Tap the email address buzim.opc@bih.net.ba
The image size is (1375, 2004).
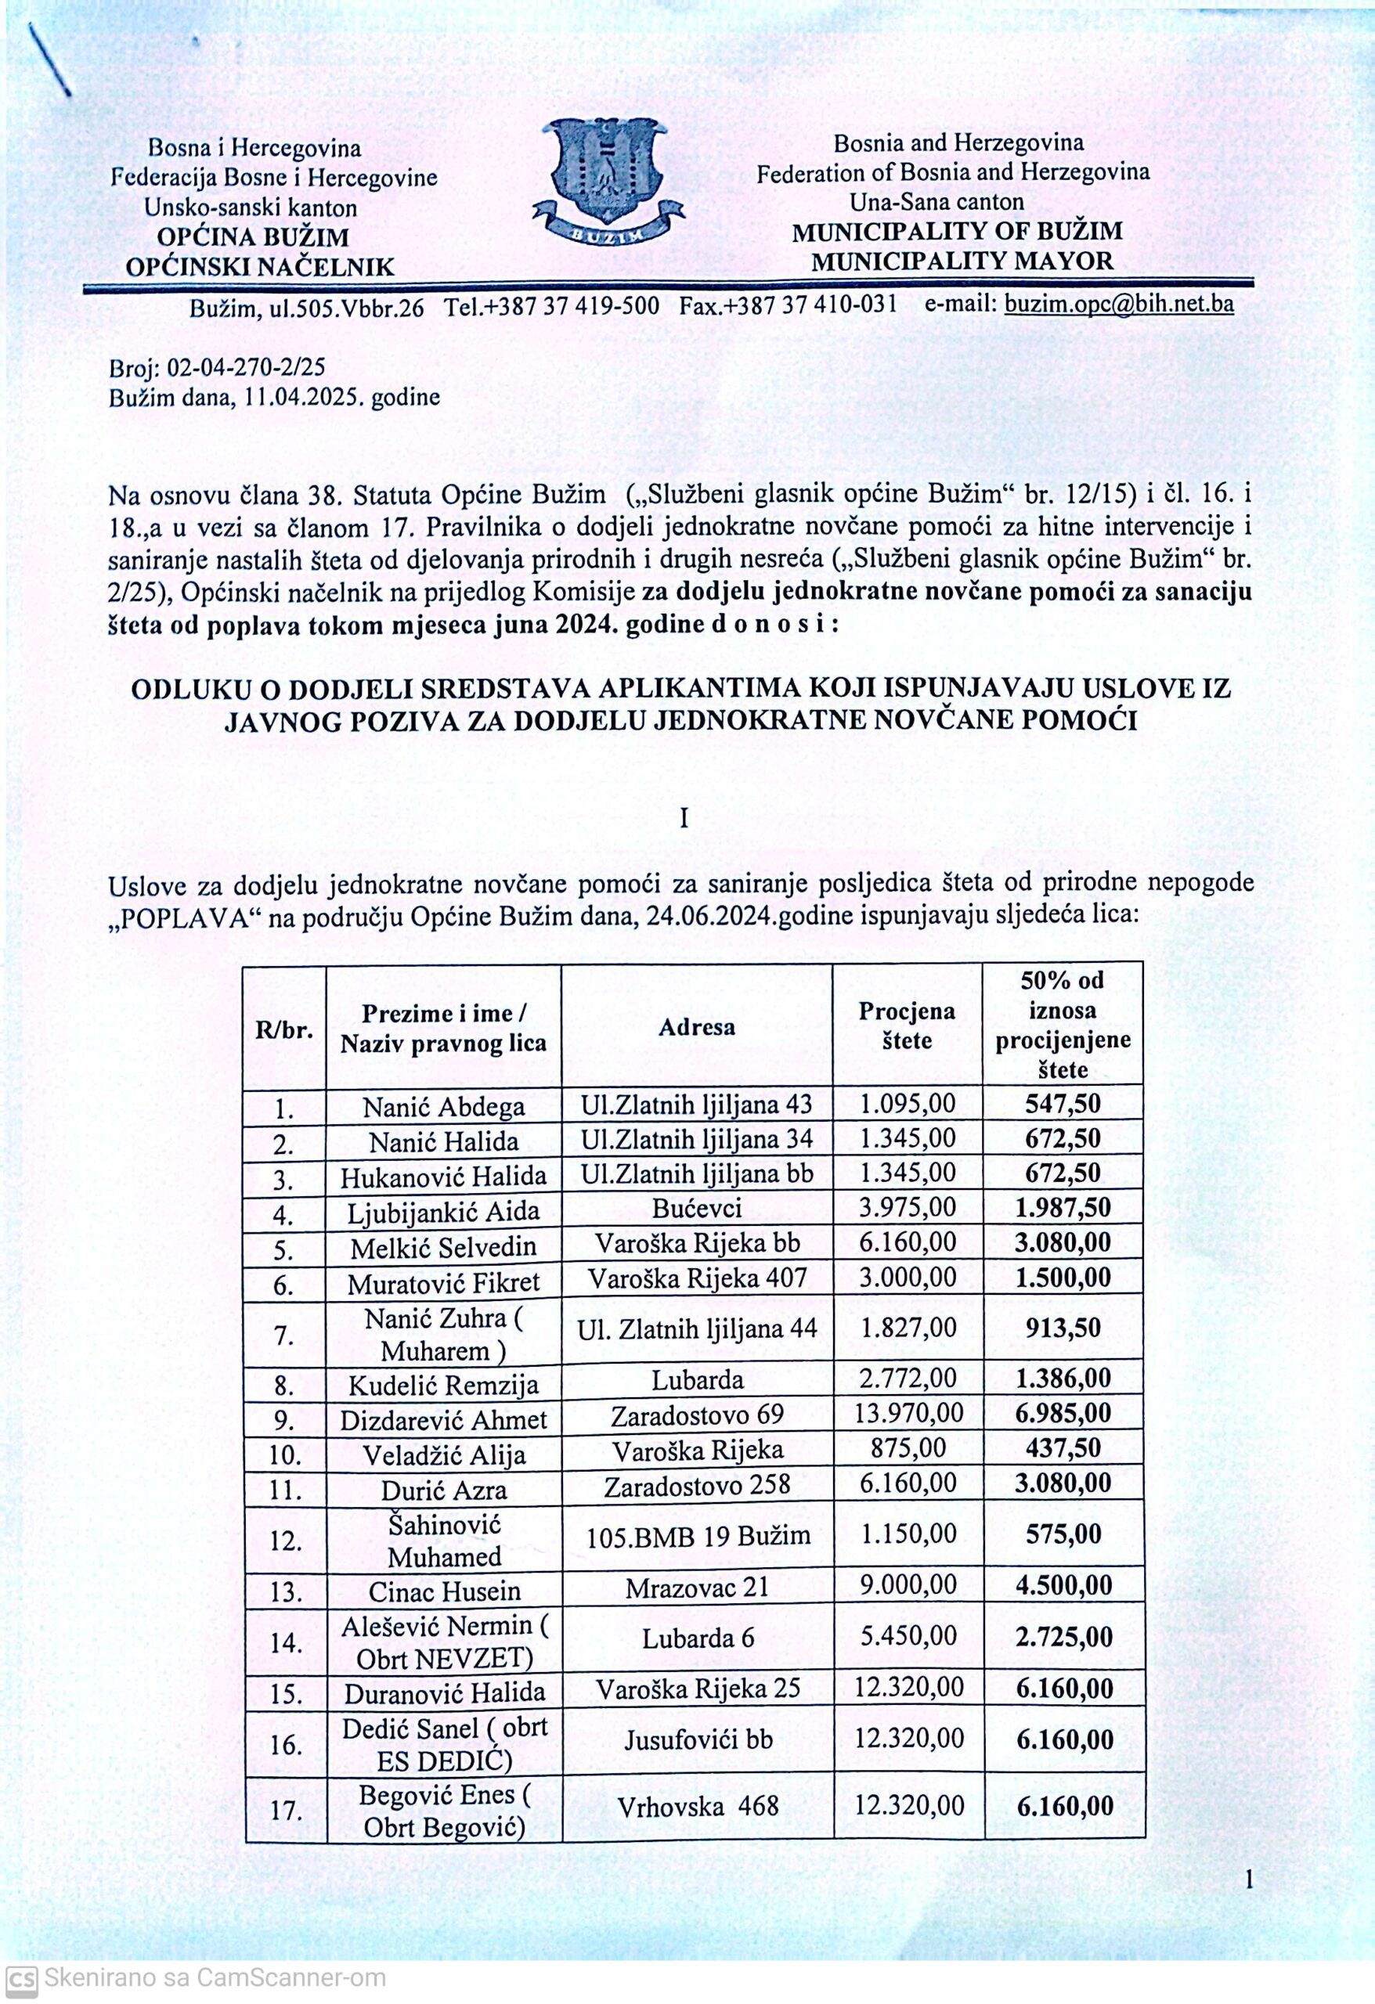point(1119,305)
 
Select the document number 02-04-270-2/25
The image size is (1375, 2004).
point(246,368)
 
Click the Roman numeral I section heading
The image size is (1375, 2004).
point(684,818)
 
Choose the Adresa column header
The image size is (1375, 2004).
point(697,1027)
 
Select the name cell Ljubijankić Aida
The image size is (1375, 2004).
point(443,1213)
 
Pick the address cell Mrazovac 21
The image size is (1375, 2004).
point(697,1588)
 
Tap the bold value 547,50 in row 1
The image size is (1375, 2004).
point(1063,1105)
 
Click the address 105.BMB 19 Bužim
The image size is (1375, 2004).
point(698,1536)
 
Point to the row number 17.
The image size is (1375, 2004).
point(286,1808)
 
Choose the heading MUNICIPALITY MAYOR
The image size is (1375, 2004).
point(962,261)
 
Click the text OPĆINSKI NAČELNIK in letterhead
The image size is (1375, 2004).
point(260,266)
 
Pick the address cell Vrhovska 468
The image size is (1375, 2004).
point(698,1806)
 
